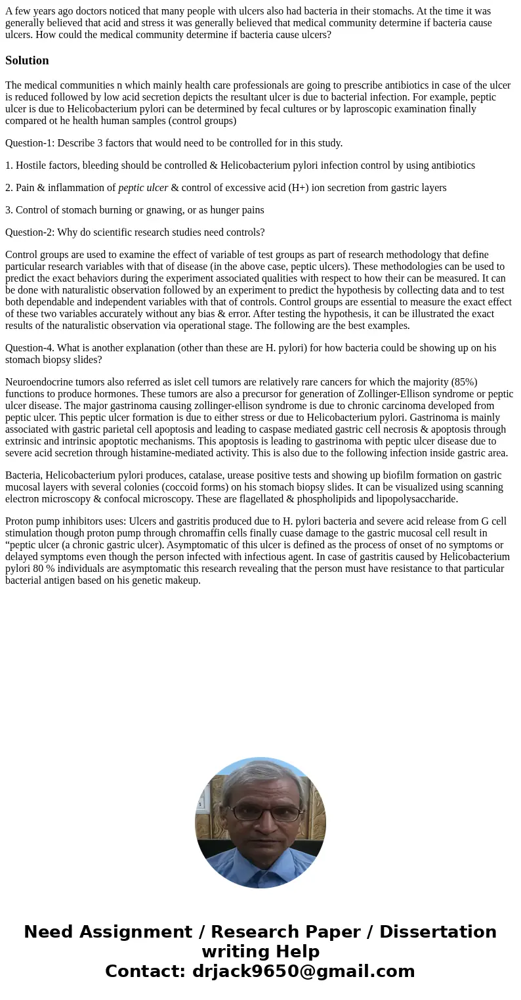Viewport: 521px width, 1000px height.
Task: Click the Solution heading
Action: tap(27, 60)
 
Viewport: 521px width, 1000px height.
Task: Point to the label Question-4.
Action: tap(30, 348)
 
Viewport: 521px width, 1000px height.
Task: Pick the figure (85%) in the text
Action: tap(464, 382)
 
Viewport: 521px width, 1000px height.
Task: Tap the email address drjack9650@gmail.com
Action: tap(303, 972)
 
